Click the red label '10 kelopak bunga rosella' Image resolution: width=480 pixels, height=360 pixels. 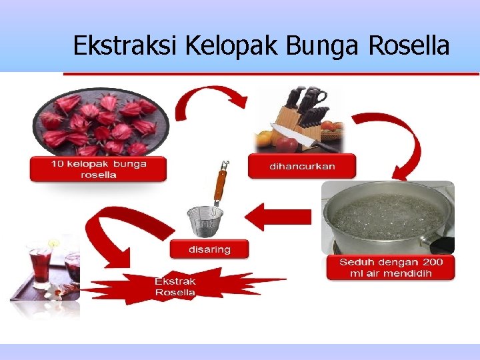pyautogui.click(x=98, y=169)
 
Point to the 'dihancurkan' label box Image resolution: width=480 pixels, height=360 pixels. pyautogui.click(x=302, y=166)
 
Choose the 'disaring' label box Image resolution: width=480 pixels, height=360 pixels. pyautogui.click(x=209, y=249)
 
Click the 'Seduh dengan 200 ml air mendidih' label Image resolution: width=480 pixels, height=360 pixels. pyautogui.click(x=390, y=267)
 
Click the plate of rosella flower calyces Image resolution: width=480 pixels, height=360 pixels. pyautogui.click(x=100, y=123)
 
